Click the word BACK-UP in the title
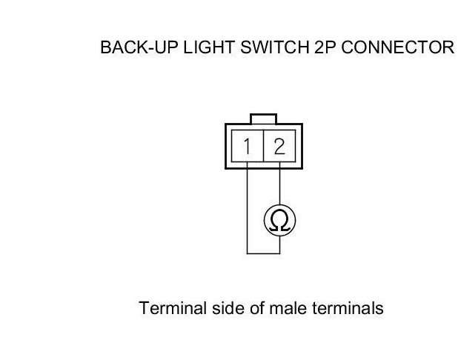(133, 49)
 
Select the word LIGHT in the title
(198, 49)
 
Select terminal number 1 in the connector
(247, 146)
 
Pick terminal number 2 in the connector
(279, 146)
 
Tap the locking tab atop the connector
(263, 119)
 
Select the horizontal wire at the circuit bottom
(263, 254)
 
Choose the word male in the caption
(285, 307)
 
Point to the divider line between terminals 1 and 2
(263, 146)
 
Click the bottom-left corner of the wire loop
(247, 254)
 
